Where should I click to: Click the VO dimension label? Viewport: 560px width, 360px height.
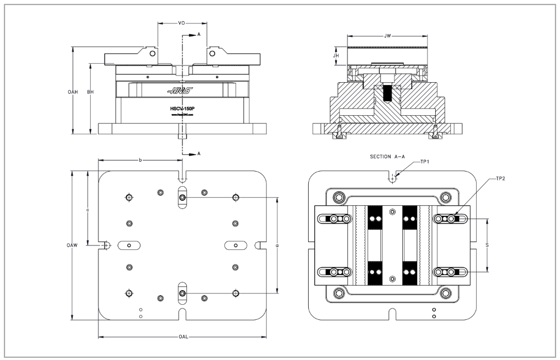coord(181,23)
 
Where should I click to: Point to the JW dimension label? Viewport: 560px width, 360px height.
coord(388,36)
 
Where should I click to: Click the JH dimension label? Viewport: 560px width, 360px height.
coord(336,56)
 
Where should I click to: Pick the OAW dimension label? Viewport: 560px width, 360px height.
coord(71,245)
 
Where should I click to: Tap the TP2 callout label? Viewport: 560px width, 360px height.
coord(501,179)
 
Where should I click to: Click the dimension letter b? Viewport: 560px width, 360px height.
coord(140,160)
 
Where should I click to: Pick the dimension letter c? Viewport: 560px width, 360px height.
coord(88,210)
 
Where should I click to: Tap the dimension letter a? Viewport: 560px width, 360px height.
coord(278,245)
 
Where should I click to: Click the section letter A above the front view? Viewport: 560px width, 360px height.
coord(199,35)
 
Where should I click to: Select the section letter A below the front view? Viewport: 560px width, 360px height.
coord(199,153)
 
